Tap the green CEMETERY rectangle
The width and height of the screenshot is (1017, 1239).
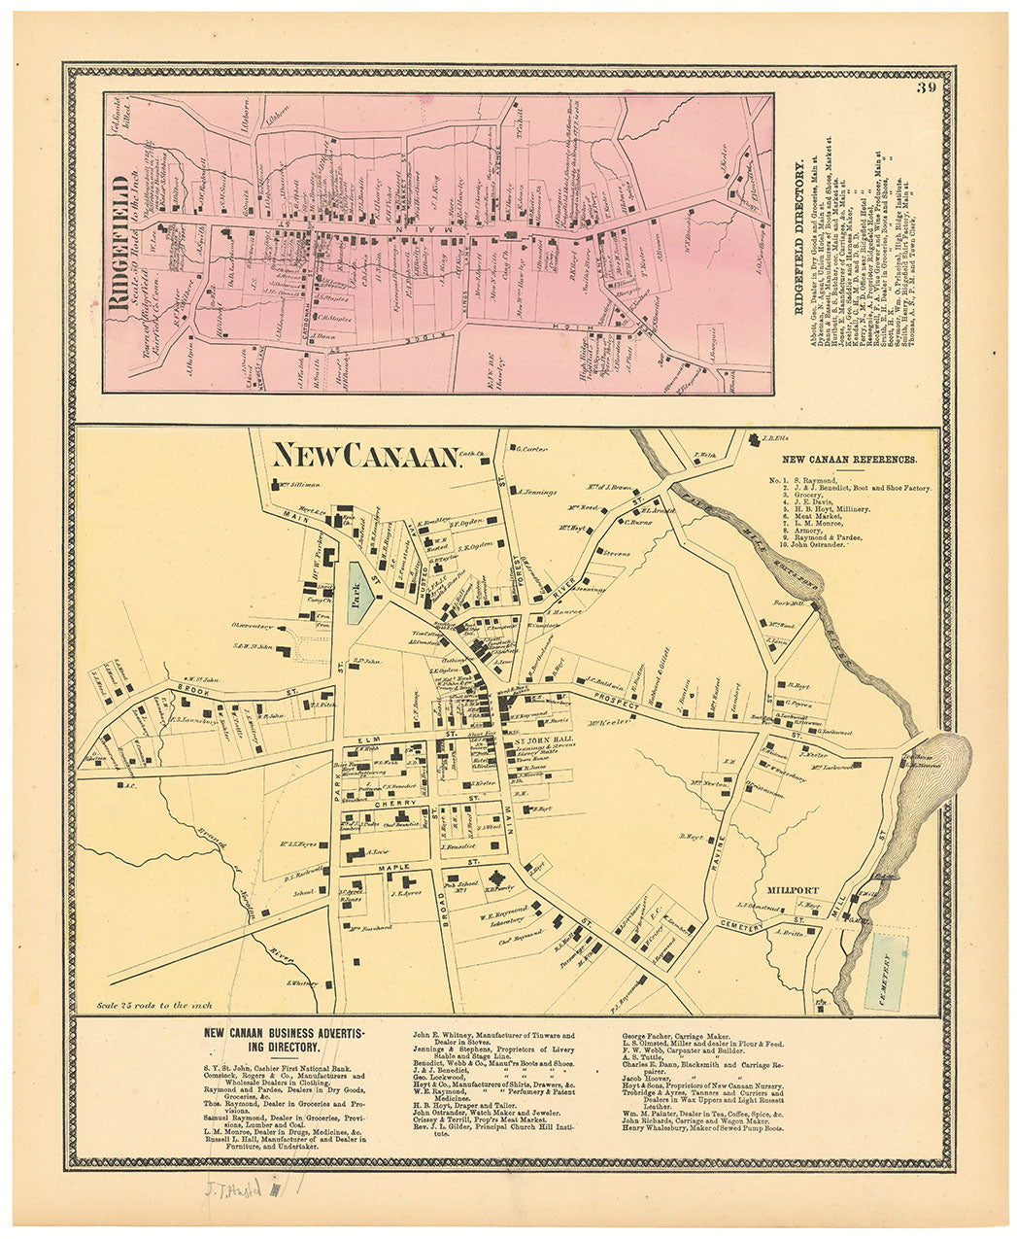pos(886,971)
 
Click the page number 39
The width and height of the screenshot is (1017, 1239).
pos(925,89)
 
